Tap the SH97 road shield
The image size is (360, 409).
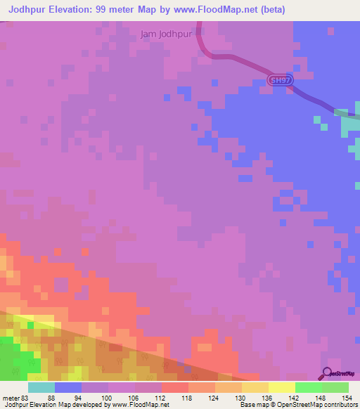279,82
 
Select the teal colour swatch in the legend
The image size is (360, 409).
41,387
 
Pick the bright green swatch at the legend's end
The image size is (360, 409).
335,387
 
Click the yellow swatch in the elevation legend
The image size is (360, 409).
282,387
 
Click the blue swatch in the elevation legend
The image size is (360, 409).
68,387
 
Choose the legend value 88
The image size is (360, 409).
51,398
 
